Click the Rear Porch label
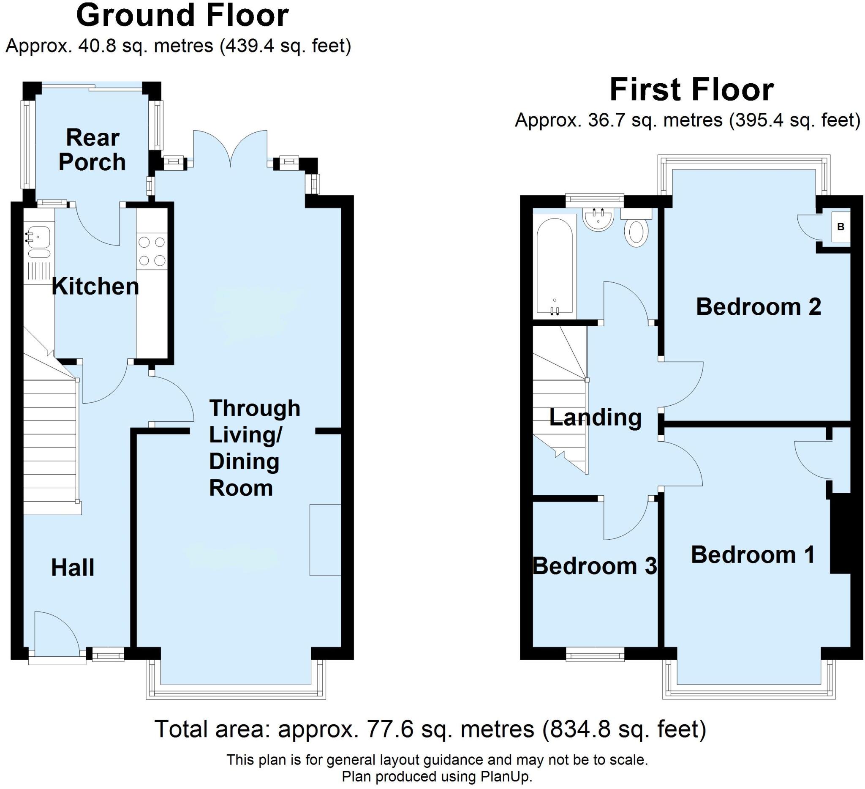click(92, 150)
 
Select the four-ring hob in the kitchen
click(152, 251)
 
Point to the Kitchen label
click(95, 287)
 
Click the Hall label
click(73, 568)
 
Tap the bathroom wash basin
click(598, 219)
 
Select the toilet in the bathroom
click(637, 228)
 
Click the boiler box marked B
click(841, 227)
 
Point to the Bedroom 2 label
click(758, 306)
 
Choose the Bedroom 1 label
click(753, 554)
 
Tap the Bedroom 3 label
click(595, 566)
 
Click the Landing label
click(596, 418)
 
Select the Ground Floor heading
click(182, 16)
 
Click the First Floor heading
click(692, 90)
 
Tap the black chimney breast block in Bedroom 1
click(840, 533)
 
